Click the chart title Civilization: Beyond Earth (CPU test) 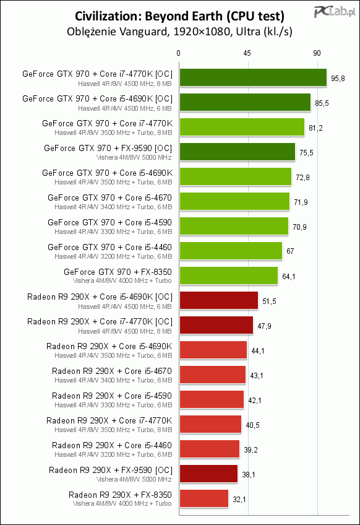tap(179, 16)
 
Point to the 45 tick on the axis tap(247, 53)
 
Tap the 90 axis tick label tap(317, 53)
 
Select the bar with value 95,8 tap(253, 77)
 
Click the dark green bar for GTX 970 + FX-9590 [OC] tap(238, 152)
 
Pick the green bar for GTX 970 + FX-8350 tap(229, 276)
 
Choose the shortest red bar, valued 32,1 tap(204, 499)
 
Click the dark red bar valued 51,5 tap(219, 301)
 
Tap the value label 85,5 tap(322, 103)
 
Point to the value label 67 tap(290, 251)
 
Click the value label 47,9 tap(264, 326)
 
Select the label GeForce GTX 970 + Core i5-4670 tap(109, 198)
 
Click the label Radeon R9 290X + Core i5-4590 tap(112, 396)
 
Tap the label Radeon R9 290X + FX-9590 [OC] tap(111, 471)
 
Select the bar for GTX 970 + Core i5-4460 tap(231, 251)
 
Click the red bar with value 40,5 tap(210, 425)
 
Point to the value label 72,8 tap(303, 178)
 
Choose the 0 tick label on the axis tap(178, 53)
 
